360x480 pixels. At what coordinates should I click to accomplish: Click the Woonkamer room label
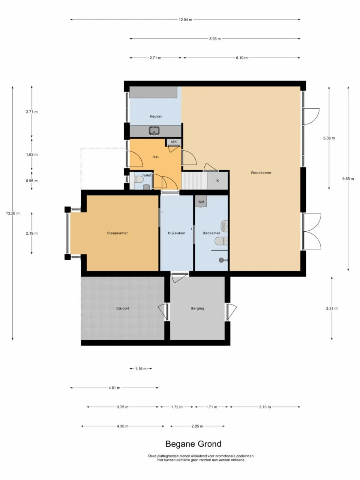pos(261,173)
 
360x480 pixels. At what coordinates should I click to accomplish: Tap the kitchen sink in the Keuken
pos(154,131)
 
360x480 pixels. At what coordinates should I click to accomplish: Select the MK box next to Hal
pos(174,142)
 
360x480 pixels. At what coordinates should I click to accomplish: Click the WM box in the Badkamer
pos(201,202)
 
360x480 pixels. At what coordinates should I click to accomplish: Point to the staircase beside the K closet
pos(194,181)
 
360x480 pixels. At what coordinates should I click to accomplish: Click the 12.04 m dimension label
pos(185,19)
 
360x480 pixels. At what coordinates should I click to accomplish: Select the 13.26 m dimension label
pos(13,213)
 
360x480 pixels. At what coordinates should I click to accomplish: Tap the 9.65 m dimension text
pos(348,179)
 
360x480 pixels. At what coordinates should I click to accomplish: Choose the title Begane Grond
pos(193,444)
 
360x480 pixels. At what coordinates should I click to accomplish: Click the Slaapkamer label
pos(117,233)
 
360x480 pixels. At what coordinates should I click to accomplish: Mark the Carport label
pos(123,309)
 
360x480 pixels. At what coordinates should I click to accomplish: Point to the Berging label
pos(197,309)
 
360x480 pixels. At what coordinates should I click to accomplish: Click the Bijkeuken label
pos(177,233)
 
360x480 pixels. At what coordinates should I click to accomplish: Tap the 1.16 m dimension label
pos(141,369)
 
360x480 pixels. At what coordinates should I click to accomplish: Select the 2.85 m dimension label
pos(197,426)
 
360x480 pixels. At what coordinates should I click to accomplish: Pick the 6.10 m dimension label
pos(241,58)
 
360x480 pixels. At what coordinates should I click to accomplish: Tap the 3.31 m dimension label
pos(331,309)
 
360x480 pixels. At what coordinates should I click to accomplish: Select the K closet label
pos(217,181)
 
